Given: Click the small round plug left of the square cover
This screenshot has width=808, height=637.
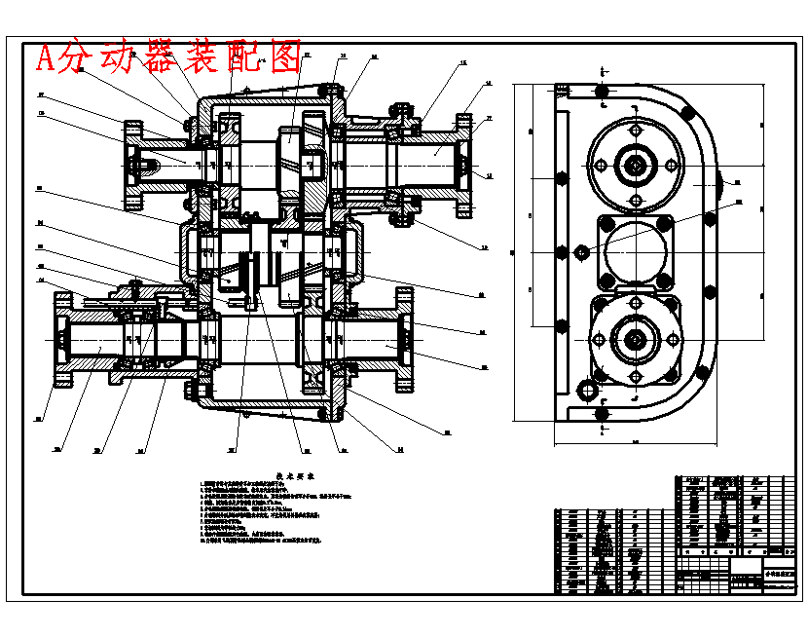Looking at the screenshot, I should coord(582,251).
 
